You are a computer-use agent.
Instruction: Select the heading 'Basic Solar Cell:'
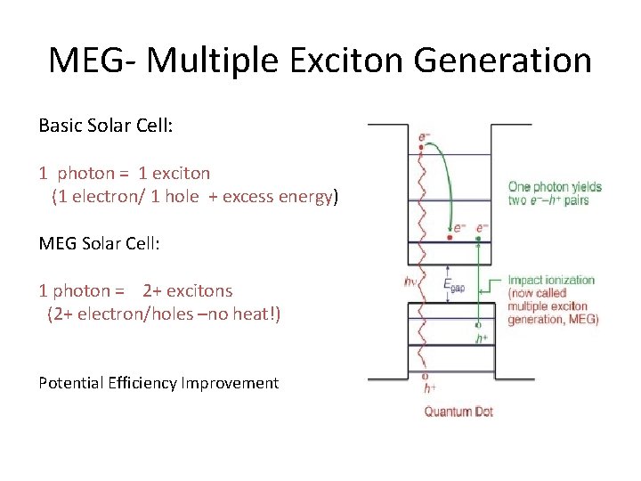[x=106, y=126]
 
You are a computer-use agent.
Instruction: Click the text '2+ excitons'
[x=187, y=290]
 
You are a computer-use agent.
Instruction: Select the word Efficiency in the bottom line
[x=134, y=383]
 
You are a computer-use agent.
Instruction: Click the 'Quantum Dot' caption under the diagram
[x=458, y=412]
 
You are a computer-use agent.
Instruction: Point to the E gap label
[x=453, y=286]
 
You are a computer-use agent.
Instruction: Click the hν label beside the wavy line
[x=411, y=283]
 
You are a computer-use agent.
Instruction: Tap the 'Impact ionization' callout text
[x=551, y=280]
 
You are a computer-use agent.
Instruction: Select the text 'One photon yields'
[x=555, y=187]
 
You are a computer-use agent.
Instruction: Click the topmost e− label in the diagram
[x=425, y=138]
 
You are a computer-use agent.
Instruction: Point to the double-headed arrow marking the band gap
[x=446, y=272]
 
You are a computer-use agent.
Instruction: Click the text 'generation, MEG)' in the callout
[x=553, y=320]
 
